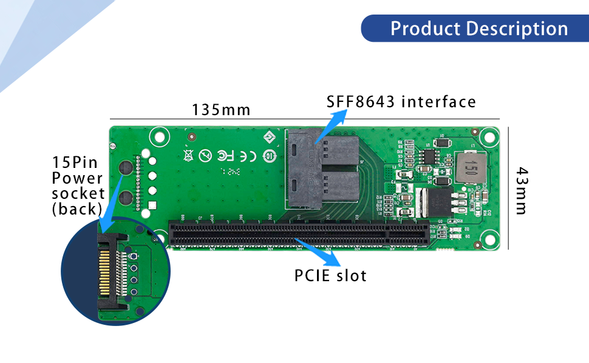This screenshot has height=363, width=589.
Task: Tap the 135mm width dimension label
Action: [221, 110]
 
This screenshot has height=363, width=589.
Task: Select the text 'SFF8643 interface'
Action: [401, 101]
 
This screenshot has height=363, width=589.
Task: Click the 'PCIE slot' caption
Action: [330, 275]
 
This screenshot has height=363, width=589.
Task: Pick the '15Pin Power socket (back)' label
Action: [78, 185]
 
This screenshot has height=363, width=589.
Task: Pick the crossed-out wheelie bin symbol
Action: [188, 156]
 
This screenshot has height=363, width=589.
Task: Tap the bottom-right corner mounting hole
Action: [488, 238]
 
